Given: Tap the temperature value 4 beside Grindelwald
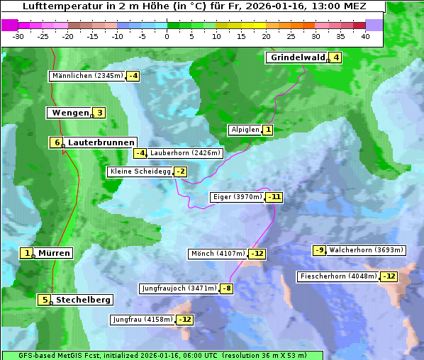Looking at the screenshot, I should coord(335,57).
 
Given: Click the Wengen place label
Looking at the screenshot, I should coord(70,113).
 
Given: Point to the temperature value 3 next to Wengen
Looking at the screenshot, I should coord(99,113).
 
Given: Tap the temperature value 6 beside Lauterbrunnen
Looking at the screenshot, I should coord(57,142).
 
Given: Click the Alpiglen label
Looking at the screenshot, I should coord(245,130).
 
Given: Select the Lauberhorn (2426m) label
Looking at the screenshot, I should coord(186,152).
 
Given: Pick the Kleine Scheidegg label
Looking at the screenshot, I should coord(140,171).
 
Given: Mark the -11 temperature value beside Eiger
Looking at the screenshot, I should coord(274,197).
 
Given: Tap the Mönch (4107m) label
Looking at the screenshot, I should coord(218,254).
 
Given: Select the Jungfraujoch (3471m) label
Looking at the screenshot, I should coord(179,288).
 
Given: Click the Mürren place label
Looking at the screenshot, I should coord(54,253).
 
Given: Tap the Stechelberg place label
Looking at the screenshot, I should coord(83,300).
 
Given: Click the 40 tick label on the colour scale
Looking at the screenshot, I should coord(365,36).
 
